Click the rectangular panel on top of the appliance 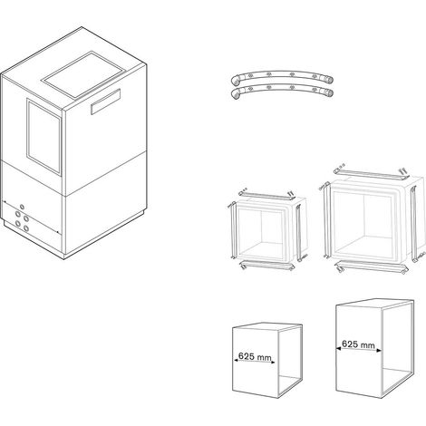[83, 75]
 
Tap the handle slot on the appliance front [106, 102]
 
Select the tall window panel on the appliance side [44, 137]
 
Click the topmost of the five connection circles [22, 207]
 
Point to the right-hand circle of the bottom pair [26, 228]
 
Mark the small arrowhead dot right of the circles [57, 232]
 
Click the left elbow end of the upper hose [235, 81]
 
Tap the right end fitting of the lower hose [329, 93]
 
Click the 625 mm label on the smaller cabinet [255, 356]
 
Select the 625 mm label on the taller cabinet [358, 344]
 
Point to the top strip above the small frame [266, 196]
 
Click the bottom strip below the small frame [267, 266]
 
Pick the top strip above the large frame [372, 173]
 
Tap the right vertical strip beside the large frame [414, 224]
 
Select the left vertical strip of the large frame [325, 220]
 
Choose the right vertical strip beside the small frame [299, 233]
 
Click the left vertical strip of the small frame [233, 230]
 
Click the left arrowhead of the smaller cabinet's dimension [236, 360]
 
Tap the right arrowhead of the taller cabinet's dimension [380, 351]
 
